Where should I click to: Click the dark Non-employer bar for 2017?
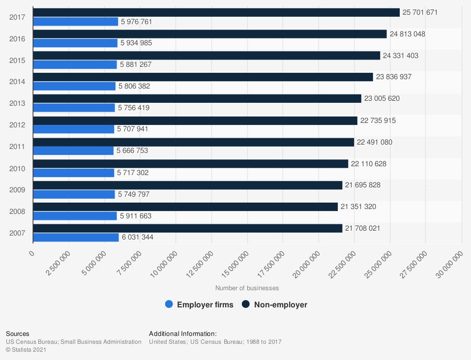point(216,12)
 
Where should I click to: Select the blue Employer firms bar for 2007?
point(76,238)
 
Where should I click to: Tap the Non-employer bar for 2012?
point(195,120)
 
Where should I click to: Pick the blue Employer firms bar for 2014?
point(74,86)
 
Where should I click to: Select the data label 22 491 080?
point(375,142)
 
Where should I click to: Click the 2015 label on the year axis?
point(17,60)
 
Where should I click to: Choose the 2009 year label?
point(17,190)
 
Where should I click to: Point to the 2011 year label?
point(17,147)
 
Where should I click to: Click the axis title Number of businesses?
point(247,288)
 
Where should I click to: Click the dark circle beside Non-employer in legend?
point(246,305)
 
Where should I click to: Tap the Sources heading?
point(18,334)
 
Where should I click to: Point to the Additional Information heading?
point(183,334)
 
